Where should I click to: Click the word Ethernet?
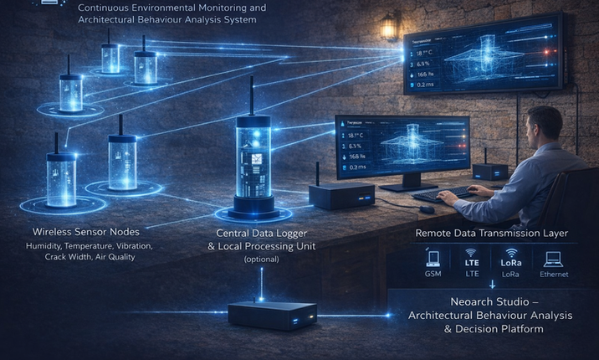pyautogui.click(x=554, y=274)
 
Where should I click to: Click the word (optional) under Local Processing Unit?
pyautogui.click(x=262, y=260)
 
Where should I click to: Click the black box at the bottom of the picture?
pyautogui.click(x=263, y=316)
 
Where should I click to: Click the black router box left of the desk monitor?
pyautogui.click(x=335, y=197)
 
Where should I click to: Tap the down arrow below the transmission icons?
pyautogui.click(x=492, y=285)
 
